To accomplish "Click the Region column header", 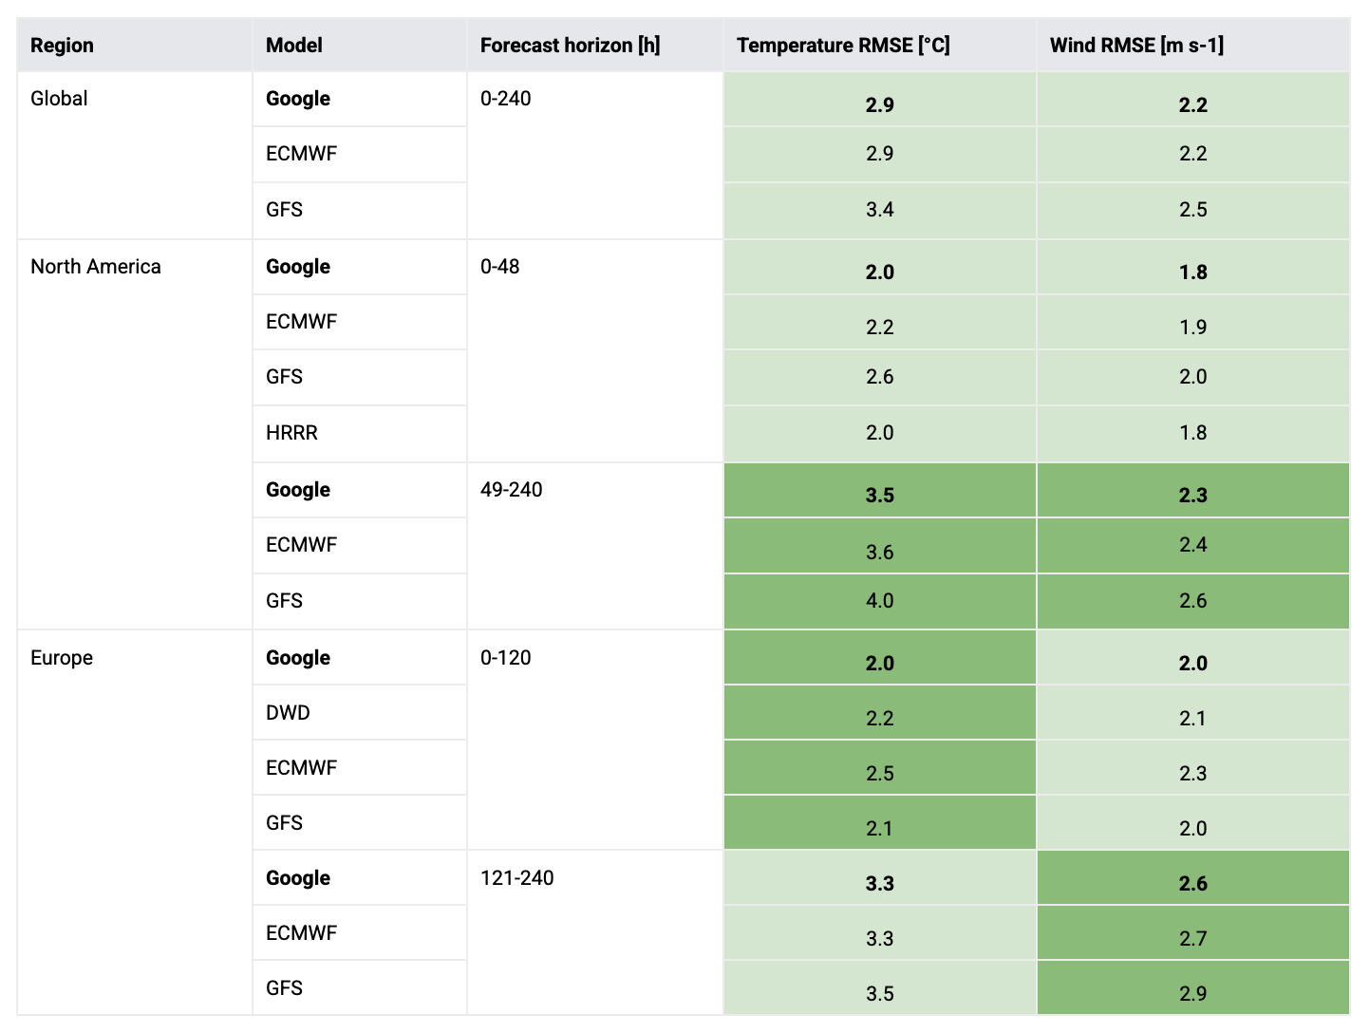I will click(62, 46).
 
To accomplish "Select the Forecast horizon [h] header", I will click(570, 46).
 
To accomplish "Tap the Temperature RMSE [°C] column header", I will click(843, 46).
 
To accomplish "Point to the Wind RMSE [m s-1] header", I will click(1136, 46).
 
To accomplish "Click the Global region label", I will click(59, 99).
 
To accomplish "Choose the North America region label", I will click(96, 267).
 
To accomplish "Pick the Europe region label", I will click(62, 658).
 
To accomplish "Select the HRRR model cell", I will click(291, 433).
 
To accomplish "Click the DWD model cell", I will click(288, 713).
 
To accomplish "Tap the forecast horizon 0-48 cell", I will click(500, 267).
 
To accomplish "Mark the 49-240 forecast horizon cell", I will click(512, 490).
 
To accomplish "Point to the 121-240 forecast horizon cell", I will click(517, 878).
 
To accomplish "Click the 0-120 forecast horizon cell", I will click(506, 658).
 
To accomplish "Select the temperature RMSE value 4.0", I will click(880, 601).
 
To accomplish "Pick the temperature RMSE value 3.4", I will click(880, 210).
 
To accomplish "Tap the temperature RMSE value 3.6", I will click(880, 552).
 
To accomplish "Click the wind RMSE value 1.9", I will click(1193, 328).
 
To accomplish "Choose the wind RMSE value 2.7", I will click(1193, 939).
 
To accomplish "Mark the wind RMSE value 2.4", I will click(1193, 545).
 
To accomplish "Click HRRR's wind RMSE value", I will click(1193, 433).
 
